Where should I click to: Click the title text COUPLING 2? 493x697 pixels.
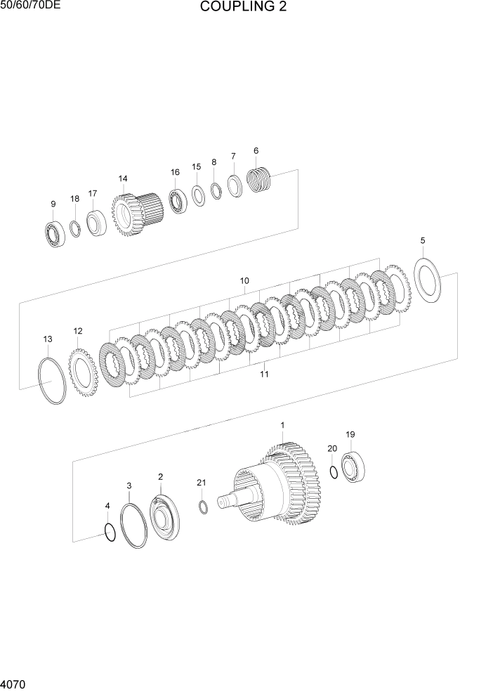click(243, 8)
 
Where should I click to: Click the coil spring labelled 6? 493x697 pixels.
click(260, 179)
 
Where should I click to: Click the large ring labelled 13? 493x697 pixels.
click(52, 380)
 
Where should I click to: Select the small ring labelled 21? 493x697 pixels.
click(203, 508)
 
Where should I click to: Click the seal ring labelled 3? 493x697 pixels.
click(133, 525)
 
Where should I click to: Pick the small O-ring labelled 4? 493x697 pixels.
click(109, 533)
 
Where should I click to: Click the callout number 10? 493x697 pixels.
click(244, 280)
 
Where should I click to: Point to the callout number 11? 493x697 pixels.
click(264, 374)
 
